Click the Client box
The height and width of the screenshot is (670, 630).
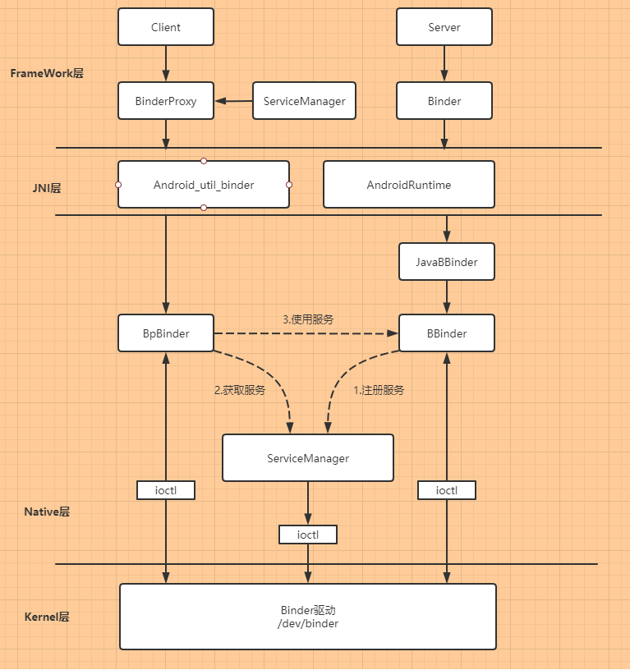pyautogui.click(x=166, y=27)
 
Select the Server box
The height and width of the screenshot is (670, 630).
pyautogui.click(x=444, y=27)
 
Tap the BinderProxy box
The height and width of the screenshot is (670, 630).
pyautogui.click(x=166, y=102)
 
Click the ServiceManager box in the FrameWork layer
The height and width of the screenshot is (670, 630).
pyautogui.click(x=304, y=102)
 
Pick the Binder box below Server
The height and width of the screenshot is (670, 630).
pyautogui.click(x=444, y=102)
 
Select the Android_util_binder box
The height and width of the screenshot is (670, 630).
pyautogui.click(x=204, y=185)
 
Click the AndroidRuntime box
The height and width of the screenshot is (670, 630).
pyautogui.click(x=409, y=185)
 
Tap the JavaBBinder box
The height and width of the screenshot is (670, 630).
pyautogui.click(x=447, y=263)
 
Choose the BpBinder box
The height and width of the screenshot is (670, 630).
pyautogui.click(x=166, y=333)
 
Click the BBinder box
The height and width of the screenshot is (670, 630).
pyautogui.click(x=447, y=333)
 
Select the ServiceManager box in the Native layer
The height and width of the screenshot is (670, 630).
pyautogui.click(x=308, y=458)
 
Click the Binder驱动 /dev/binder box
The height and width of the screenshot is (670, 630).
pyautogui.click(x=308, y=617)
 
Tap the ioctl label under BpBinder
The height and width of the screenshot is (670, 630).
pyautogui.click(x=166, y=490)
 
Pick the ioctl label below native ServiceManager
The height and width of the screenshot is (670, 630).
pyautogui.click(x=308, y=535)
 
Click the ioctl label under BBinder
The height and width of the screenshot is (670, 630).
pyautogui.click(x=447, y=490)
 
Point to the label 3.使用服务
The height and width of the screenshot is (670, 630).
pyautogui.click(x=308, y=319)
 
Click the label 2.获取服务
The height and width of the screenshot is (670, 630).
pyautogui.click(x=240, y=391)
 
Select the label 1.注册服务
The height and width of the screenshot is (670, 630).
pyautogui.click(x=379, y=391)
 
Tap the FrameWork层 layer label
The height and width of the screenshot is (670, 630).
pyautogui.click(x=47, y=73)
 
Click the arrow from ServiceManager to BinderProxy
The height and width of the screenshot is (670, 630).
pyautogui.click(x=234, y=102)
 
